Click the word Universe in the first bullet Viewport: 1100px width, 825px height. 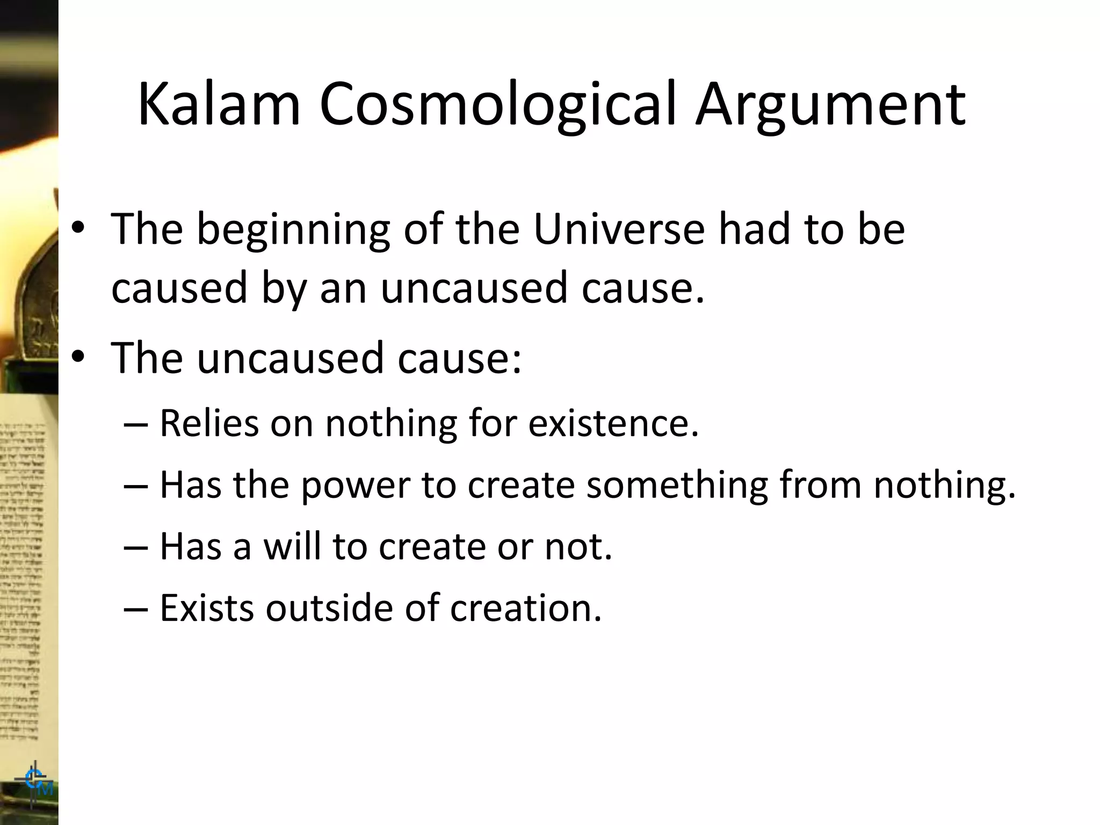point(619,229)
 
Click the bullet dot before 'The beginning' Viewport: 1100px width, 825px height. point(78,228)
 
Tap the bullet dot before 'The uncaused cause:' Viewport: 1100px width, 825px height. point(78,357)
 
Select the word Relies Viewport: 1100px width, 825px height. point(209,423)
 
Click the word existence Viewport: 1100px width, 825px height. point(613,423)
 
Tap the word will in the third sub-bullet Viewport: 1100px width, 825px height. point(293,546)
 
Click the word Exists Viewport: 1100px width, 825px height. point(207,608)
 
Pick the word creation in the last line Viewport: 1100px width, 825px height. point(525,608)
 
